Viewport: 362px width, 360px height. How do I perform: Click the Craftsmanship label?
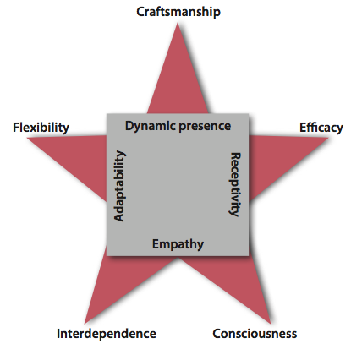click(x=178, y=13)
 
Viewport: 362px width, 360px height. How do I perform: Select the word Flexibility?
click(x=41, y=128)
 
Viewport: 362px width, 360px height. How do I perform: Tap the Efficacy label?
click(x=321, y=128)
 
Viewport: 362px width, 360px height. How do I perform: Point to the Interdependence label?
click(x=107, y=334)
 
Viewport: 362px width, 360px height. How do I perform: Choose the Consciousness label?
click(x=255, y=334)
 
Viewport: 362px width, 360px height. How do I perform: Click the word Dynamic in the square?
click(x=151, y=126)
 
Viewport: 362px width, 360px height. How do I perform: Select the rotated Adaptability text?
click(x=119, y=186)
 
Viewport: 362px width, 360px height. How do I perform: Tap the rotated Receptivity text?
click(x=235, y=184)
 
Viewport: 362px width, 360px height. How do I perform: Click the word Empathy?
click(x=178, y=244)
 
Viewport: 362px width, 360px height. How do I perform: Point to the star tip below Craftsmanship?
click(x=178, y=24)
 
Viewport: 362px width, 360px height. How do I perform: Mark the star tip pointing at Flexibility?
click(x=27, y=138)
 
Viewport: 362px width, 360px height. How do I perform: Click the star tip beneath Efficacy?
click(x=328, y=138)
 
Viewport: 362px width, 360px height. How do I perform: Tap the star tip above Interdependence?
click(x=85, y=323)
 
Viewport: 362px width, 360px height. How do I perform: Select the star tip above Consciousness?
click(x=271, y=323)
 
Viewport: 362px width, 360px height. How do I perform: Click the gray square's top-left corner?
click(x=107, y=114)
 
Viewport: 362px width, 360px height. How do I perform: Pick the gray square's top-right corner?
click(x=249, y=114)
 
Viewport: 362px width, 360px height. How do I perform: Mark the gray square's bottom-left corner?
click(x=107, y=256)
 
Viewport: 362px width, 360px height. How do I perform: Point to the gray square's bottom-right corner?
click(x=249, y=256)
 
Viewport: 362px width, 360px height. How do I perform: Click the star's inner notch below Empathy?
click(x=178, y=257)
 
